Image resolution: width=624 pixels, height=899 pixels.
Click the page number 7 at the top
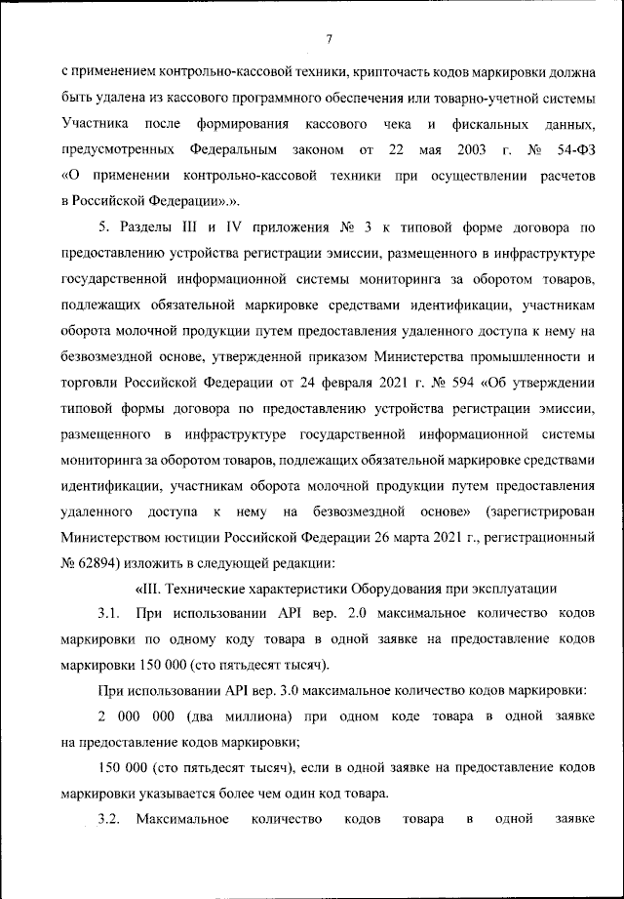[329, 38]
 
